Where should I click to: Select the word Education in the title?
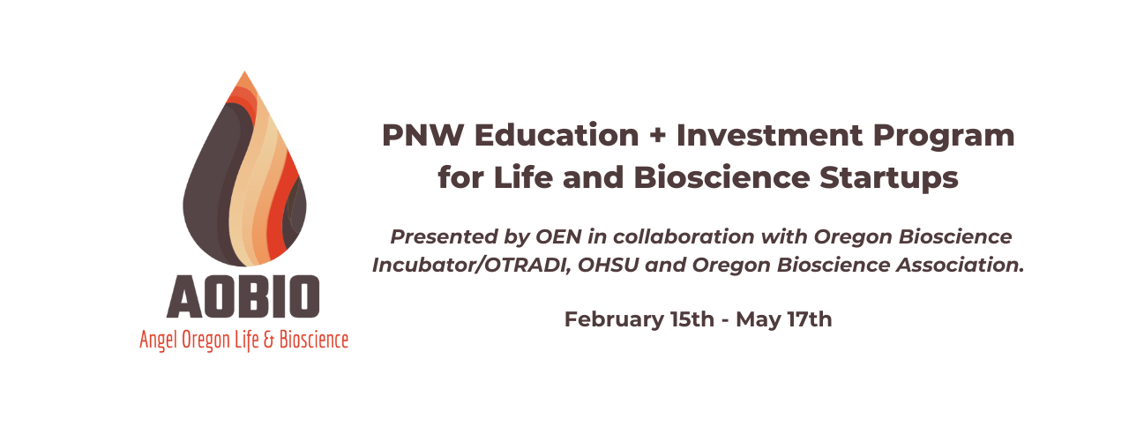(557, 135)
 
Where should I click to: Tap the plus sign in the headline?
(657, 136)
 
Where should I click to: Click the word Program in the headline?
(944, 137)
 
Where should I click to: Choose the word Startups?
(888, 178)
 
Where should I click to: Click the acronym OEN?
(558, 236)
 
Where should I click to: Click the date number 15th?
(692, 319)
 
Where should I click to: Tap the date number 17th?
(810, 319)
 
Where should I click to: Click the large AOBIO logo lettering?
(243, 296)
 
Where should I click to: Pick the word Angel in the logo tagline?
(159, 341)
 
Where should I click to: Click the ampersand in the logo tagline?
(269, 340)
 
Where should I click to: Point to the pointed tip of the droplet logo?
(244, 71)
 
